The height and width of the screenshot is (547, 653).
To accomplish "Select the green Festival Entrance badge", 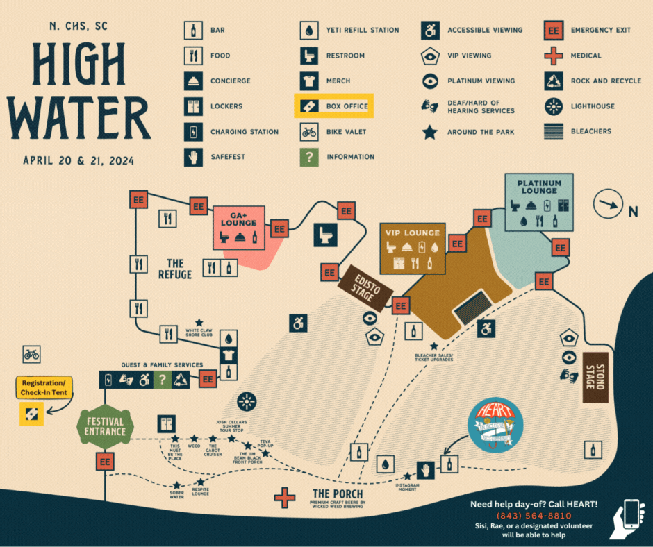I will tap(105, 426).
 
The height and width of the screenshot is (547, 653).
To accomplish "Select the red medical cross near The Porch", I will tap(284, 497).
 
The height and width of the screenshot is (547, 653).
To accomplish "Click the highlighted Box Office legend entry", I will tap(334, 106).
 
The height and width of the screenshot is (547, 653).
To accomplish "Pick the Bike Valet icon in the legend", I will tap(308, 131).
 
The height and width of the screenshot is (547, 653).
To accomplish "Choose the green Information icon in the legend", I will tap(308, 157).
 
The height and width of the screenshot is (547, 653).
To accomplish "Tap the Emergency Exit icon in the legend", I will tap(553, 31).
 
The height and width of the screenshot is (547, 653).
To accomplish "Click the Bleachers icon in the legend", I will tap(553, 131).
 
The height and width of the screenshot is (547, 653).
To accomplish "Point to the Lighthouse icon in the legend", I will tap(553, 106).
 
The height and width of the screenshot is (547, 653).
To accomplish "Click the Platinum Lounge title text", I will tap(539, 187).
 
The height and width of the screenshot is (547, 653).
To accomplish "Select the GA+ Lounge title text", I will tap(238, 219).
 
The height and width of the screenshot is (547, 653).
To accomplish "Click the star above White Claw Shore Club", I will tap(199, 323).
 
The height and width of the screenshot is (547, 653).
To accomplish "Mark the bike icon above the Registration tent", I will tap(32, 354).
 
